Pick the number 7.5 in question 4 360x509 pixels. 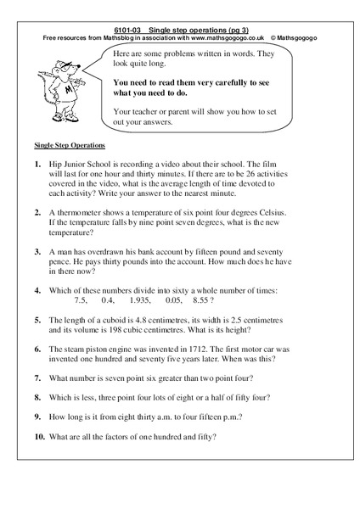82,300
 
